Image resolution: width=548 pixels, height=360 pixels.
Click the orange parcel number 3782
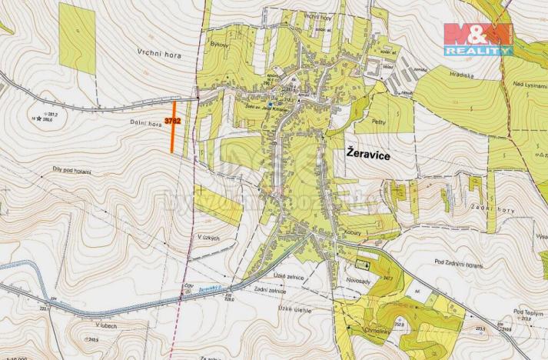(172, 121)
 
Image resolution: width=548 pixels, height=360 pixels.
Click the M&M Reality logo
(477, 38)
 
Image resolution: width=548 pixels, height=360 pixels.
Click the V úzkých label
(208, 238)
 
